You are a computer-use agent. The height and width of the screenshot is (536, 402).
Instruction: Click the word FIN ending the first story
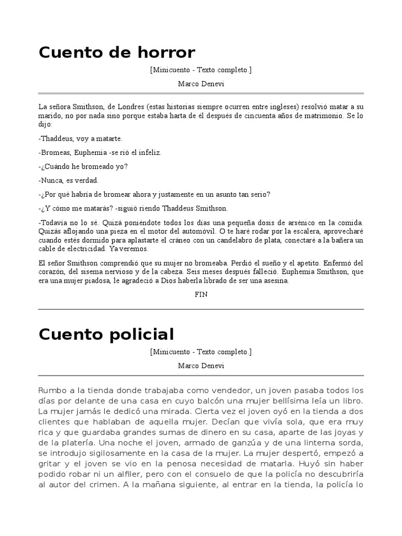(x=200, y=294)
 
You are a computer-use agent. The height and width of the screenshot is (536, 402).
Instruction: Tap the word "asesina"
(x=276, y=281)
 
